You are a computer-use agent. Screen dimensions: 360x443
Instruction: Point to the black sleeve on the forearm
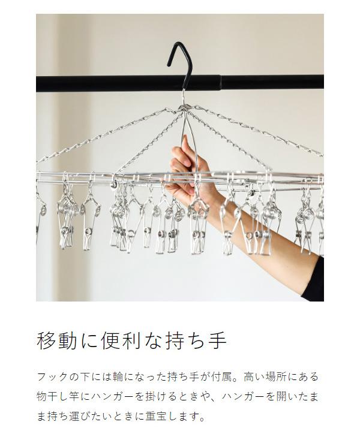tap(313, 280)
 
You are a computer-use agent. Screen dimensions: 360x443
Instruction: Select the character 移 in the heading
tap(47, 340)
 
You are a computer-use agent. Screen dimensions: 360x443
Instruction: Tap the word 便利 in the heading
tap(122, 340)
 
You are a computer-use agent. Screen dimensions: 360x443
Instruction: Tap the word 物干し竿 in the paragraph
tap(58, 397)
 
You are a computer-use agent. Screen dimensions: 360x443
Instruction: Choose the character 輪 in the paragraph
tap(118, 377)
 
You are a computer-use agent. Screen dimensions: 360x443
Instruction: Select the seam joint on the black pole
tap(220, 83)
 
